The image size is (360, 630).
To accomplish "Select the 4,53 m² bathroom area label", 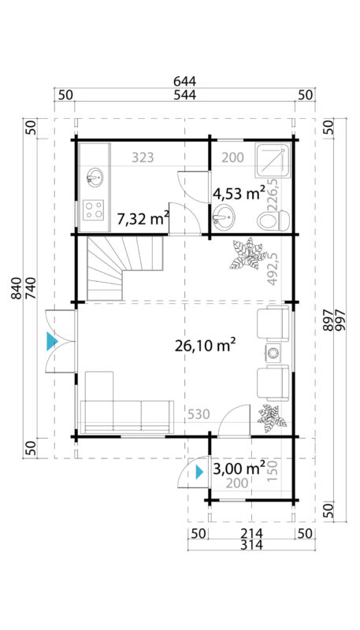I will click(x=239, y=192).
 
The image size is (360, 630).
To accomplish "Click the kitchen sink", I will click(x=95, y=176).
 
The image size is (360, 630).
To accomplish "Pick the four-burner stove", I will click(x=95, y=210).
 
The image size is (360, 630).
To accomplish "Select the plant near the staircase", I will click(x=246, y=254).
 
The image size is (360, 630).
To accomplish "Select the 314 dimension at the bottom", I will click(x=240, y=545).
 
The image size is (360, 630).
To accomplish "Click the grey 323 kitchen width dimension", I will click(x=142, y=157).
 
